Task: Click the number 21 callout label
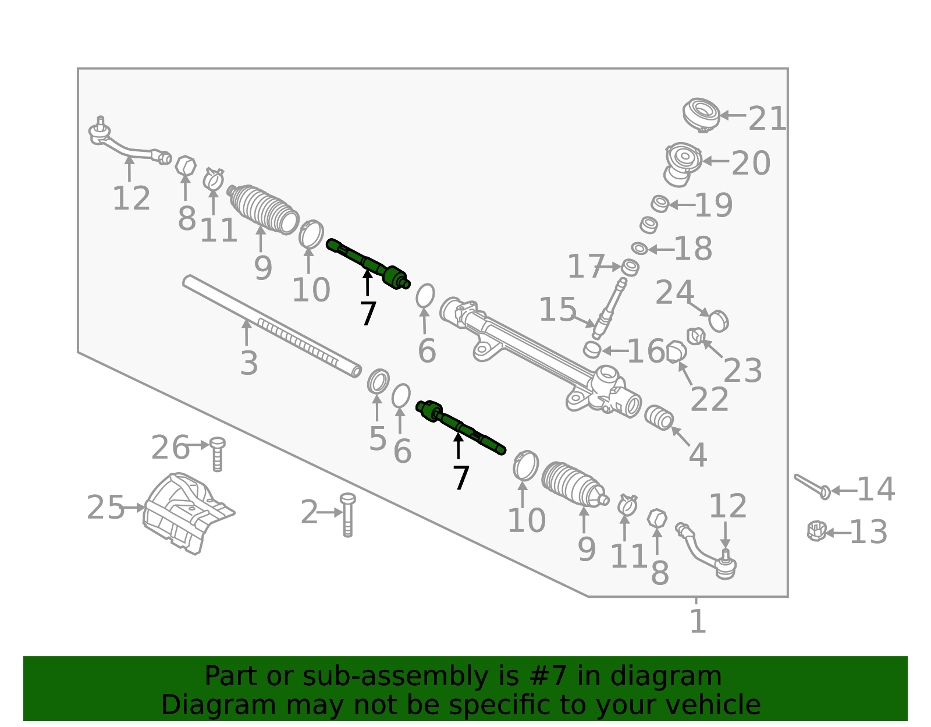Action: point(767,118)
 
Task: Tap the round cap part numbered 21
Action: point(701,115)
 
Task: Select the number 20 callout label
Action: point(751,163)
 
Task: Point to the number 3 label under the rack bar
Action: point(249,363)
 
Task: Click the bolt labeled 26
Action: point(217,454)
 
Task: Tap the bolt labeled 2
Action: point(347,515)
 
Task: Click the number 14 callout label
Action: point(876,489)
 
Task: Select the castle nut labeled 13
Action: point(816,531)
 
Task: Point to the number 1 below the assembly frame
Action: point(698,620)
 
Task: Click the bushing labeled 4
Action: point(659,417)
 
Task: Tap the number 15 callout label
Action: point(557,309)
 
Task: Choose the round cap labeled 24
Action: point(719,321)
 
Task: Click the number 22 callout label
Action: point(709,399)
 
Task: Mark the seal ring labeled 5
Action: point(378,381)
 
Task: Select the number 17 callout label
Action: point(586,266)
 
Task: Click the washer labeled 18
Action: point(639,249)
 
